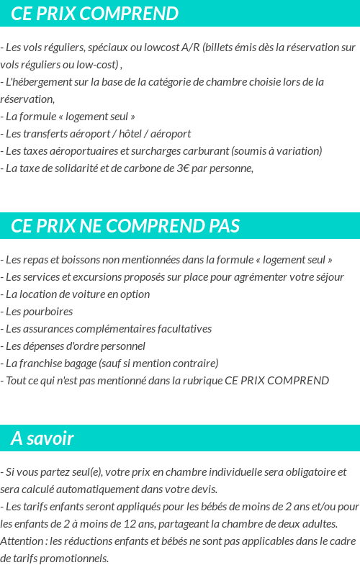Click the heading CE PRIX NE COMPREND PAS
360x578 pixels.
(125, 226)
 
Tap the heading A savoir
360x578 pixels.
(42, 438)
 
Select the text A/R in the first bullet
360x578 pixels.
(191, 48)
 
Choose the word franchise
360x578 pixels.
(42, 363)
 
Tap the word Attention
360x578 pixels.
(20, 541)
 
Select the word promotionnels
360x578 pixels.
(74, 559)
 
